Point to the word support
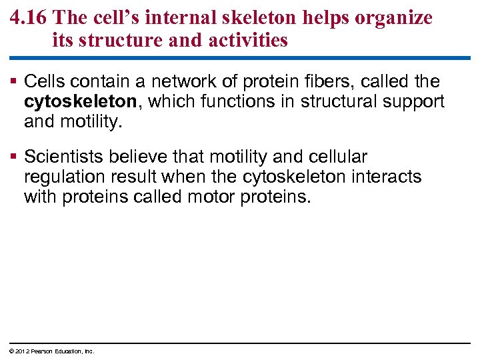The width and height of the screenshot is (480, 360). tap(413, 102)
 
